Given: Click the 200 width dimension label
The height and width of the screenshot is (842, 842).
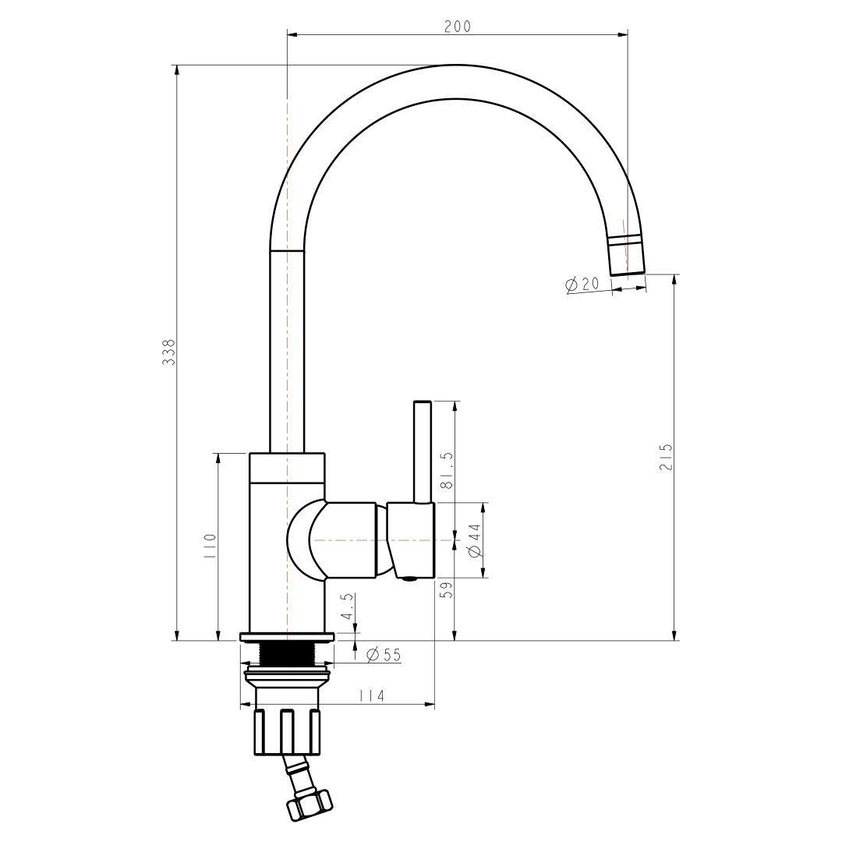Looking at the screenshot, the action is (457, 26).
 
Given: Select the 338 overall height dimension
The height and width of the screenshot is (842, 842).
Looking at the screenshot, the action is (169, 352).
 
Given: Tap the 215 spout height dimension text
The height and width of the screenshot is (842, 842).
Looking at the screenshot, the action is (666, 457).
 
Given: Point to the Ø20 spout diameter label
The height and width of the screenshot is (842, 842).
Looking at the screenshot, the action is (582, 284).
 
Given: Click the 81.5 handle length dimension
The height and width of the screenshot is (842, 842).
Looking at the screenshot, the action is (448, 470).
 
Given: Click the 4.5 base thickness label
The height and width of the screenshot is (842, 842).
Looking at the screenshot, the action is (348, 607).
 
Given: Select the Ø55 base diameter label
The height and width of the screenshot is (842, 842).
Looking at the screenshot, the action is (384, 655).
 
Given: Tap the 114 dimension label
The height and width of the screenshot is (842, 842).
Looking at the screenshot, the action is (372, 696).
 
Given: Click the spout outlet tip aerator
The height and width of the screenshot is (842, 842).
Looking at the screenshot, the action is (627, 255).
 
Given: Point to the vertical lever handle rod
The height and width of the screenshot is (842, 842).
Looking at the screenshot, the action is (422, 452).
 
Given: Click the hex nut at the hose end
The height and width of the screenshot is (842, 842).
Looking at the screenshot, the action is (309, 805).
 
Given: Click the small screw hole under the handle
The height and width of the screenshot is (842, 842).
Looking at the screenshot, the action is (410, 578).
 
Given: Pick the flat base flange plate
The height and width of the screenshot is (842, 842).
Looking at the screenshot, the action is (287, 638).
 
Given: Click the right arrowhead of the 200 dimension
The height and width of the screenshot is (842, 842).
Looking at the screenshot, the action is (623, 35).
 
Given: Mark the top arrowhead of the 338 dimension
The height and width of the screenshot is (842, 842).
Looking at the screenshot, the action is (176, 71).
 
